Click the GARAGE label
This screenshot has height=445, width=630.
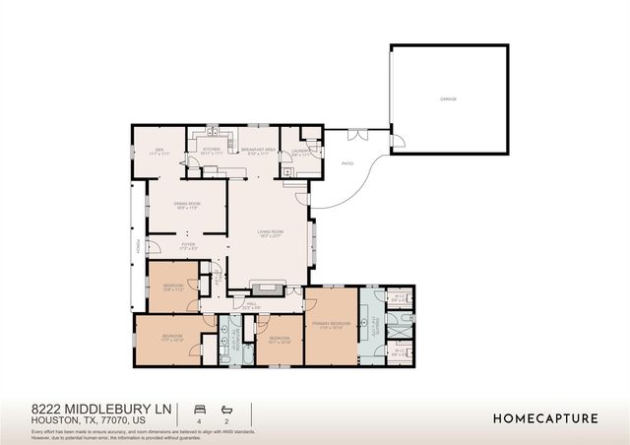click(448, 98)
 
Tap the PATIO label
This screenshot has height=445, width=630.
click(346, 163)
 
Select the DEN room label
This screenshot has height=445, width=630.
click(154, 150)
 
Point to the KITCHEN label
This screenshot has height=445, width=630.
click(211, 150)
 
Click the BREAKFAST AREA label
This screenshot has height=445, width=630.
click(256, 150)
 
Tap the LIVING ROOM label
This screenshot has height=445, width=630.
click(271, 233)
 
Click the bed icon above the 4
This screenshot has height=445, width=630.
click(200, 408)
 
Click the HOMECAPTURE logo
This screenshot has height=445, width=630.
click(544, 418)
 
